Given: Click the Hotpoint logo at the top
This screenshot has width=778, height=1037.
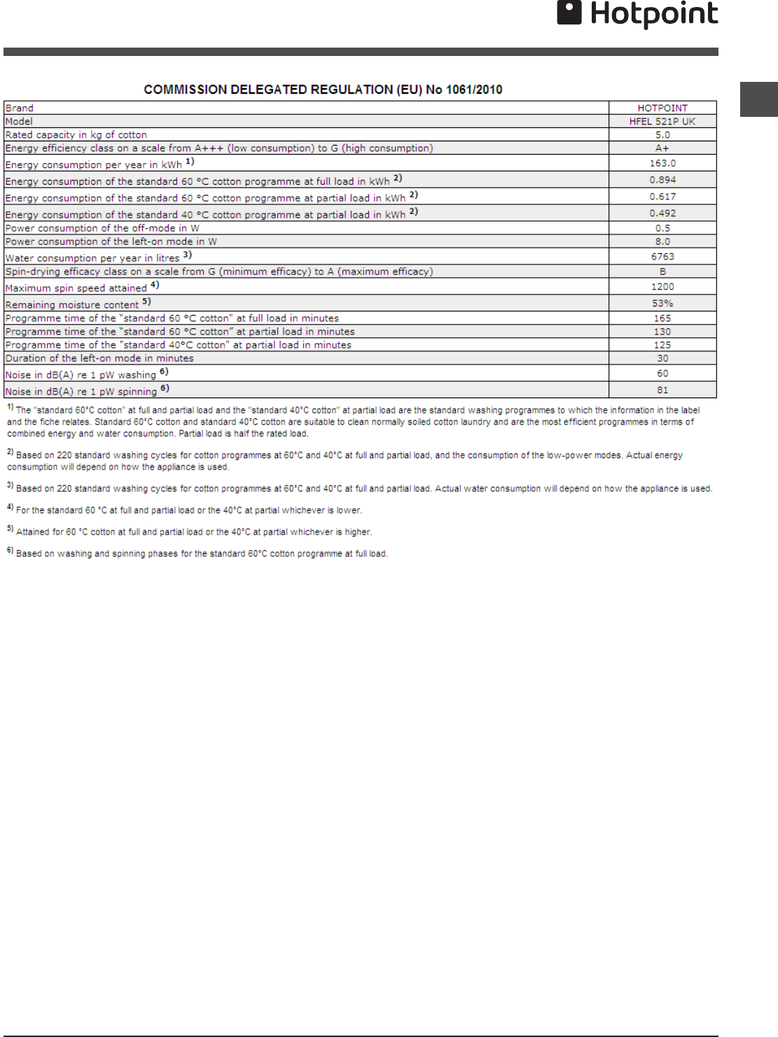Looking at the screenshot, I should pyautogui.click(x=637, y=14).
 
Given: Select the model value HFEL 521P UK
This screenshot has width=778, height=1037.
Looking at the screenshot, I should pyautogui.click(x=662, y=122).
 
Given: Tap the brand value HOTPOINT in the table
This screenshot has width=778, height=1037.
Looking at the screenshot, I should pyautogui.click(x=662, y=108).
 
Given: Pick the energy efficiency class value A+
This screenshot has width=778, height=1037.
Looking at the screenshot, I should pyautogui.click(x=662, y=148).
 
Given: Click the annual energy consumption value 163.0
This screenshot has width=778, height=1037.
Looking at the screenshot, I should pyautogui.click(x=662, y=163).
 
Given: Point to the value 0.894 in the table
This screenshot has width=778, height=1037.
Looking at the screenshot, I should pyautogui.click(x=662, y=180).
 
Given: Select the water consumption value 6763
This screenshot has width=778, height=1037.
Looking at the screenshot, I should pyautogui.click(x=662, y=257).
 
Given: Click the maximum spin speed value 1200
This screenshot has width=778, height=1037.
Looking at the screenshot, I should pyautogui.click(x=662, y=287).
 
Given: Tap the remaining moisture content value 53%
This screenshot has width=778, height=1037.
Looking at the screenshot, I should pyautogui.click(x=662, y=304).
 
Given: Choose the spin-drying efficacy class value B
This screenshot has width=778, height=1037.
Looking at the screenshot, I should pyautogui.click(x=662, y=271).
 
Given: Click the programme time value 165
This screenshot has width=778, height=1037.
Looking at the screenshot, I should pyautogui.click(x=662, y=318).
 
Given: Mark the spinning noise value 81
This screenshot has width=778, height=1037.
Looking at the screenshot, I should pyautogui.click(x=662, y=390).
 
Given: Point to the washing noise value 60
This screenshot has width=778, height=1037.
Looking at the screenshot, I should pyautogui.click(x=662, y=374).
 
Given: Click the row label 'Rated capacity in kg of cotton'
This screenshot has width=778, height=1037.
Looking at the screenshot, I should pyautogui.click(x=76, y=135).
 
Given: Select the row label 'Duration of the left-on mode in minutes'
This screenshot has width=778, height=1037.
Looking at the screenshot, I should pyautogui.click(x=99, y=358).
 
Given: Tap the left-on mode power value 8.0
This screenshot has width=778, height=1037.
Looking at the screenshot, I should pyautogui.click(x=662, y=241).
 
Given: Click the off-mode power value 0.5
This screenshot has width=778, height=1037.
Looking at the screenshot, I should pyautogui.click(x=662, y=228).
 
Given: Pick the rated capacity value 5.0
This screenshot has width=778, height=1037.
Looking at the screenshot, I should pyautogui.click(x=662, y=135).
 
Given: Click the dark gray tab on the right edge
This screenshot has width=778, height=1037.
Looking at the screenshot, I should pyautogui.click(x=759, y=99).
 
